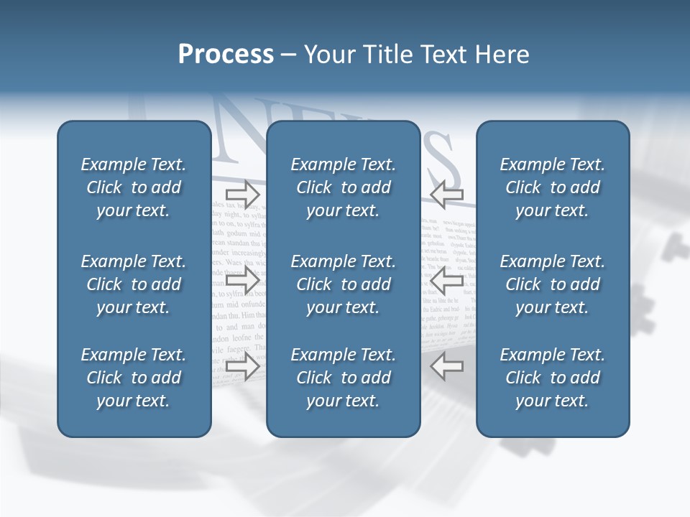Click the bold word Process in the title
click(226, 55)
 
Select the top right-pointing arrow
click(242, 193)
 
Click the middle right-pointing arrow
click(242, 280)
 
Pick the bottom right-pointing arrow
click(242, 367)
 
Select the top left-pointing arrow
click(446, 193)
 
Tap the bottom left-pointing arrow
click(446, 367)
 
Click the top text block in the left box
click(134, 187)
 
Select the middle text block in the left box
click(134, 284)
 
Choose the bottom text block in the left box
click(134, 378)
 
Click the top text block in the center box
click(344, 187)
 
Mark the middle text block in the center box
click(344, 284)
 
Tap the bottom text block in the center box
click(344, 378)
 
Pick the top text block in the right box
click(553, 187)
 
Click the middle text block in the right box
click(553, 284)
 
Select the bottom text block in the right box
click(553, 378)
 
